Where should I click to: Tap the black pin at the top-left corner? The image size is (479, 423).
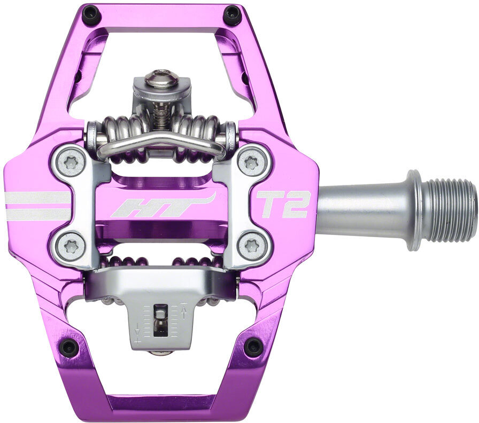tap(92, 13)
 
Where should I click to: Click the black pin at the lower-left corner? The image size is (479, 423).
tap(68, 347)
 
